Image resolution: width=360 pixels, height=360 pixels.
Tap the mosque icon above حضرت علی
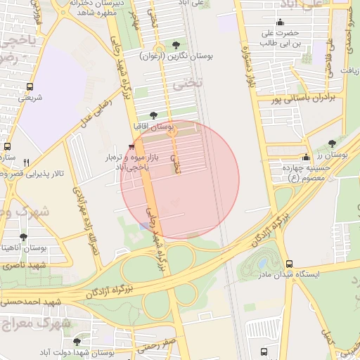click(281, 22)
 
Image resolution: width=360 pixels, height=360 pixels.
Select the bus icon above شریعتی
click(30, 86)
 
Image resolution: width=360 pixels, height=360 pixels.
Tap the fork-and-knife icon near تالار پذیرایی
click(26, 162)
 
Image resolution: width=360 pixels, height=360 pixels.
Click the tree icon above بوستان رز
click(342, 143)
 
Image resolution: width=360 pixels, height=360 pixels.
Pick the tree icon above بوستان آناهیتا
click(24, 237)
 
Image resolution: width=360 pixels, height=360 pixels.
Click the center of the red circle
click(180, 180)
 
